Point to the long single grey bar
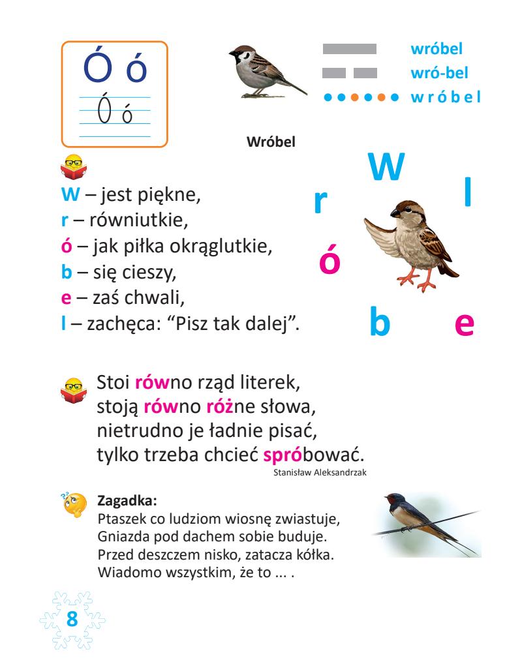[x=350, y=49]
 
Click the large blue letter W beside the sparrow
[x=386, y=168]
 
